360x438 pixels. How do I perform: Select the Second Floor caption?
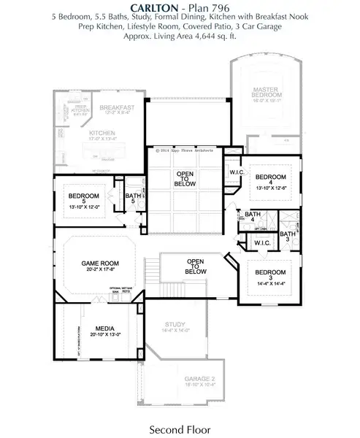pos(180,427)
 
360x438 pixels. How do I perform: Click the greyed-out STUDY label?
pos(175,325)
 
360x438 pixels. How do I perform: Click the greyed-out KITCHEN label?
pos(102,133)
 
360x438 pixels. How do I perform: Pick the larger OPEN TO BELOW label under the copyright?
pos(184,179)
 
